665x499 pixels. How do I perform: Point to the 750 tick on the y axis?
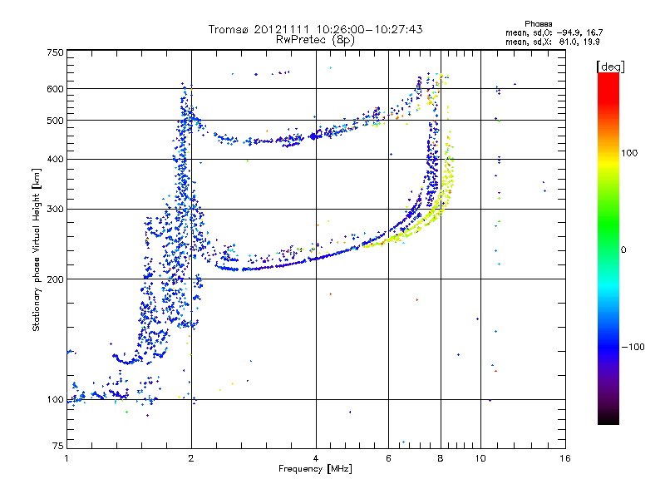pos(55,52)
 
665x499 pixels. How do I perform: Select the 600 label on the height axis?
pos(55,89)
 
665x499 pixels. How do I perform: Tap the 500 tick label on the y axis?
pos(55,121)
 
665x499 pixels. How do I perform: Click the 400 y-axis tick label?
pos(55,160)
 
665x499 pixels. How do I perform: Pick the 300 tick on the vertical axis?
pos(55,210)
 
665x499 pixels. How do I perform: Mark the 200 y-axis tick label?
pos(55,279)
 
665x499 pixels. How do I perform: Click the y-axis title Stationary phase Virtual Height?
pos(37,249)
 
